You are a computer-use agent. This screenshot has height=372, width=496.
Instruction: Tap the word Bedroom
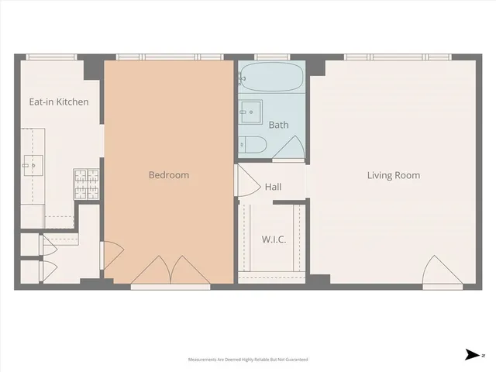pos(168,175)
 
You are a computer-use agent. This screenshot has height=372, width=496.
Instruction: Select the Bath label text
pos(278,125)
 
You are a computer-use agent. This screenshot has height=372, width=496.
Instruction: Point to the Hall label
pos(273,187)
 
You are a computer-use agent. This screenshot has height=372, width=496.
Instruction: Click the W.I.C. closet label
pos(274,239)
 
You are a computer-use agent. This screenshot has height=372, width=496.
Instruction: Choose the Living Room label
pos(393,175)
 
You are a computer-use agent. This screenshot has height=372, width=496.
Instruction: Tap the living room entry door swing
pos(435,270)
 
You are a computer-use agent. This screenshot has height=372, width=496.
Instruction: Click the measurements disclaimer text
pos(248,360)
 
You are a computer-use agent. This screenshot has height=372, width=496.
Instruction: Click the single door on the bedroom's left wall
pos(111,253)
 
